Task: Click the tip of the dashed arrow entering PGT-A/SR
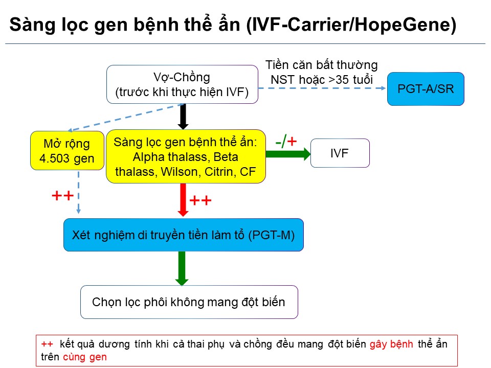click(x=386, y=88)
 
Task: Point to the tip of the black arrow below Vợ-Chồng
click(x=183, y=129)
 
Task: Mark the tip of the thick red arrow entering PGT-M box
click(x=183, y=216)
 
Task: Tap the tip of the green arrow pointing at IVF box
click(x=310, y=154)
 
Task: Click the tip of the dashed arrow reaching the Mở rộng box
click(x=68, y=130)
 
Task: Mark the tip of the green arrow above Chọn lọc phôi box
click(x=182, y=285)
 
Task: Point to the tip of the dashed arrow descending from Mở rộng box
click(x=79, y=214)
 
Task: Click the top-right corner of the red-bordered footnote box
click(x=457, y=335)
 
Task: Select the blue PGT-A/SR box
click(x=426, y=89)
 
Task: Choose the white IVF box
click(x=340, y=153)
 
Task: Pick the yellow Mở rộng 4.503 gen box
click(x=67, y=150)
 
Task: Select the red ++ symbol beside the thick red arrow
click(x=200, y=200)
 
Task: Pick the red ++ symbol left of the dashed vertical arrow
click(x=62, y=196)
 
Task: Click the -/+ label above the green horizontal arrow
click(x=286, y=142)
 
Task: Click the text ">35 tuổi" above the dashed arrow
click(x=350, y=80)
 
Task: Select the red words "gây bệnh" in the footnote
click(x=391, y=344)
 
